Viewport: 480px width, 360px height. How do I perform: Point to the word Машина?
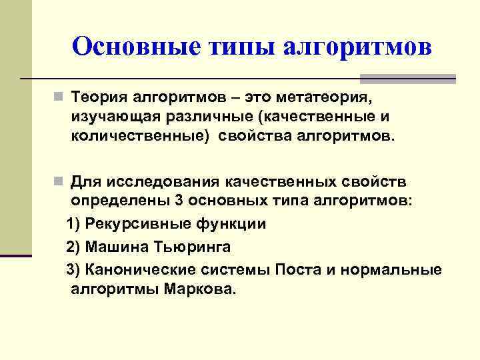coord(114,247)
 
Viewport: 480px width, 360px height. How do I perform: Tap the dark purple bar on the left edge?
coord(16,255)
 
